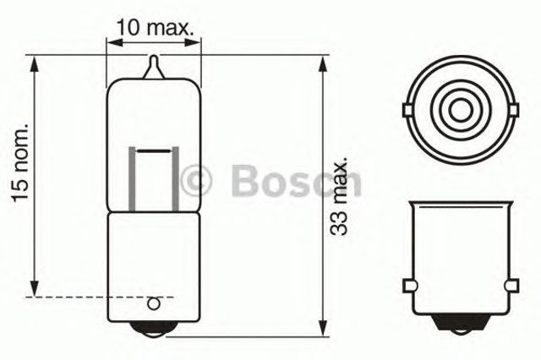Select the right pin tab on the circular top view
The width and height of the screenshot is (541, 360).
pyautogui.click(x=509, y=108)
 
